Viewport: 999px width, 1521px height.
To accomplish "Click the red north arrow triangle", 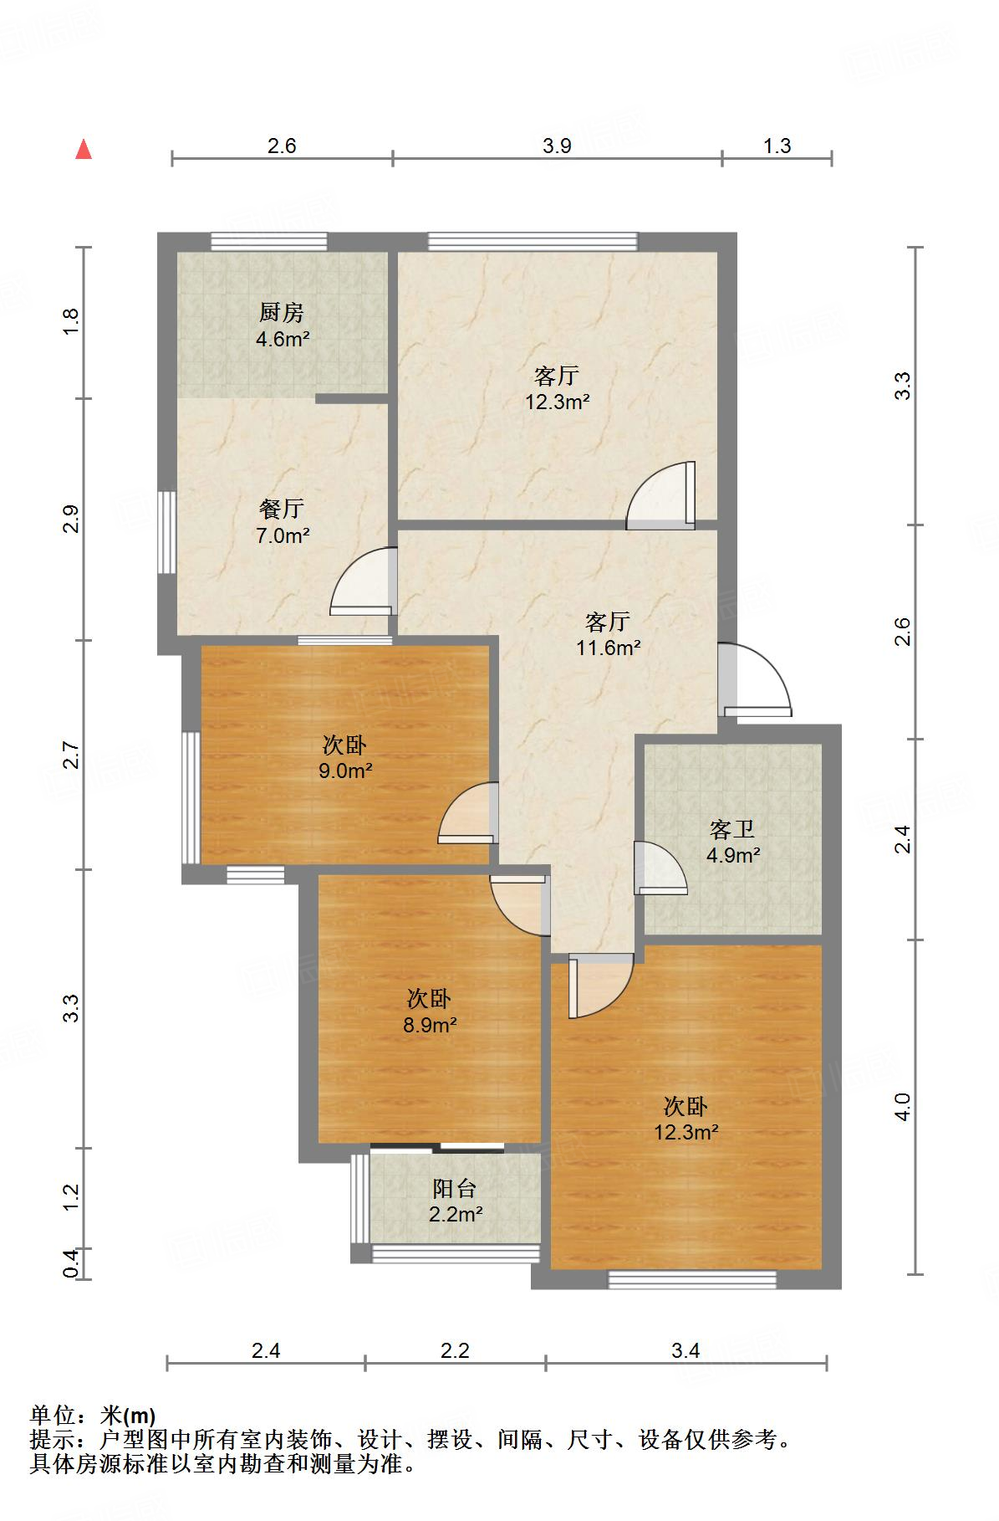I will click(x=84, y=150).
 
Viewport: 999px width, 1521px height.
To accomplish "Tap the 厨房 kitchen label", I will click(x=282, y=325).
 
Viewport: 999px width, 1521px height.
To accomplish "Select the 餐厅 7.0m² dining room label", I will click(x=282, y=521).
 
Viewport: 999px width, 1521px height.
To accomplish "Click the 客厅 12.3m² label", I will click(x=557, y=388).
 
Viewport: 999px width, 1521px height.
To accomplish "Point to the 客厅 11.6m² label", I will click(x=608, y=633).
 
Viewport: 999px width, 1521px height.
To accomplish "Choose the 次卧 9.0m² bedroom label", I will click(x=344, y=757).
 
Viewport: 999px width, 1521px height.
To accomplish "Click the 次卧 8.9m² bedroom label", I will click(x=430, y=1011).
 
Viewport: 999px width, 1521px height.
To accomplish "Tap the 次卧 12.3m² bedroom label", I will click(x=686, y=1119).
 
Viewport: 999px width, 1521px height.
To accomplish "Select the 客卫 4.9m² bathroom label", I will click(x=732, y=842).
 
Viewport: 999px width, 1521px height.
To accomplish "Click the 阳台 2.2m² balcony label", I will click(x=455, y=1201).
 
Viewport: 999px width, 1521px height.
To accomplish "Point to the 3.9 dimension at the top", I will click(x=557, y=146).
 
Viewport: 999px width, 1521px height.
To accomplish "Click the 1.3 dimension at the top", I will click(x=777, y=146).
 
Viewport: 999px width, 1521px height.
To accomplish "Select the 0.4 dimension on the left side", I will click(x=72, y=1263).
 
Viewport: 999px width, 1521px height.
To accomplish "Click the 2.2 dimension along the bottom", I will click(x=455, y=1349).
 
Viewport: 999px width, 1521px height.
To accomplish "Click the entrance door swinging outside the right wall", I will click(x=755, y=679).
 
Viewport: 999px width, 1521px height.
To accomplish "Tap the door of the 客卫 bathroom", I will click(x=660, y=868).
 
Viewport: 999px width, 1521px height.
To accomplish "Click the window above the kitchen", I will click(x=268, y=242).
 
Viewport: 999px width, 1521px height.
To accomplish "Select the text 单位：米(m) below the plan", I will click(x=93, y=1416).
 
